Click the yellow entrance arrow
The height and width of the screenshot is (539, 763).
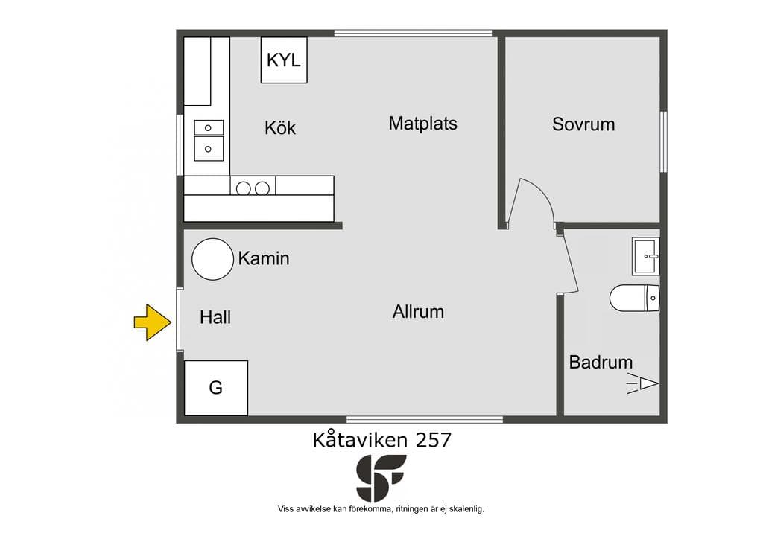pos(153,322)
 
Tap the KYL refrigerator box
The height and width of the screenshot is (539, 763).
pos(284,60)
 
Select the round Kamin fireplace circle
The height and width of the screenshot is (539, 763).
pos(212,259)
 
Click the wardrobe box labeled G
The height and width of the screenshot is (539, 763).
pos(216,388)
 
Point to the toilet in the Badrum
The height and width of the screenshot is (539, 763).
pos(635,298)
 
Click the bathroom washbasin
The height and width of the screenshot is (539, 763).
pos(646,256)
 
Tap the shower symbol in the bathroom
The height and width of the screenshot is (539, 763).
pos(642,383)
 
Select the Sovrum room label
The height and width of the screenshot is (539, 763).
pos(583,124)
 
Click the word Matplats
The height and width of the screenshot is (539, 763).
pos(423,124)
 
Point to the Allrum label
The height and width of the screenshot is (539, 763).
pos(419,311)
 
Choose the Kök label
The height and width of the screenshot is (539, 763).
pos(280,127)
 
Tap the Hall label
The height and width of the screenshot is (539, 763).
pos(215,317)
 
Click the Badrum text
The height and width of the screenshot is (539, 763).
pos(601,362)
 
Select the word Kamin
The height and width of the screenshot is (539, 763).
pos(264,258)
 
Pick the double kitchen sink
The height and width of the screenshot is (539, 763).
pos(209,141)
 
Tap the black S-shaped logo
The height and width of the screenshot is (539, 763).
pos(381,478)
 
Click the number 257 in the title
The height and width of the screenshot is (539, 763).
pos(434,440)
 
